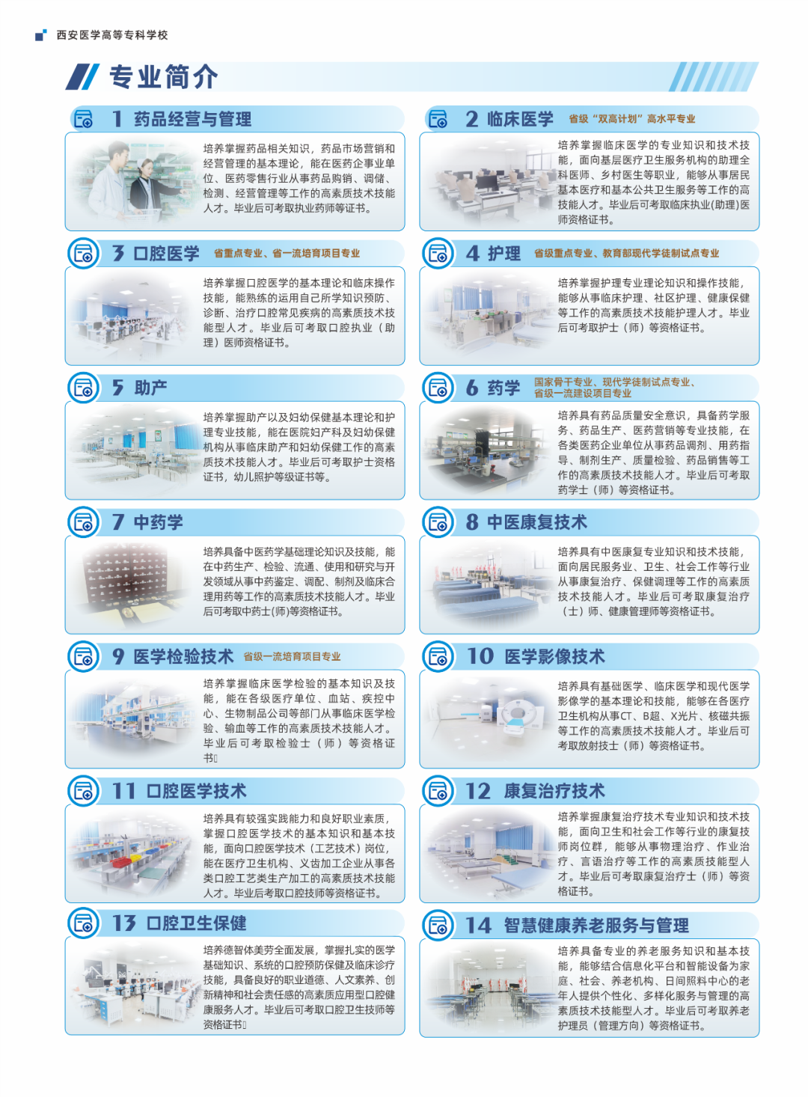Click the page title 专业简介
164,77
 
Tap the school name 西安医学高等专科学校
112,35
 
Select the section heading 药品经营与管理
192,119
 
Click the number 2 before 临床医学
471,119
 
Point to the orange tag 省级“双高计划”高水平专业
631,119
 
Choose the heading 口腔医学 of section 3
167,253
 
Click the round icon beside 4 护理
438,254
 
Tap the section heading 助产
150,388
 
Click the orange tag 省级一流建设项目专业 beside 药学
582,394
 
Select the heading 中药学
158,522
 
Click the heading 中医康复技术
536,522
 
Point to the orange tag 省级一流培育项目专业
292,657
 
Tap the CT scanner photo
490,718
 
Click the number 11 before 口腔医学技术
123,791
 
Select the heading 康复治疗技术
554,791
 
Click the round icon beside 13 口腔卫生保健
83,923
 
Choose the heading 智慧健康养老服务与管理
596,926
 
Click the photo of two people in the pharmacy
132,181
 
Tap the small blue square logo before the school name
41,34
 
